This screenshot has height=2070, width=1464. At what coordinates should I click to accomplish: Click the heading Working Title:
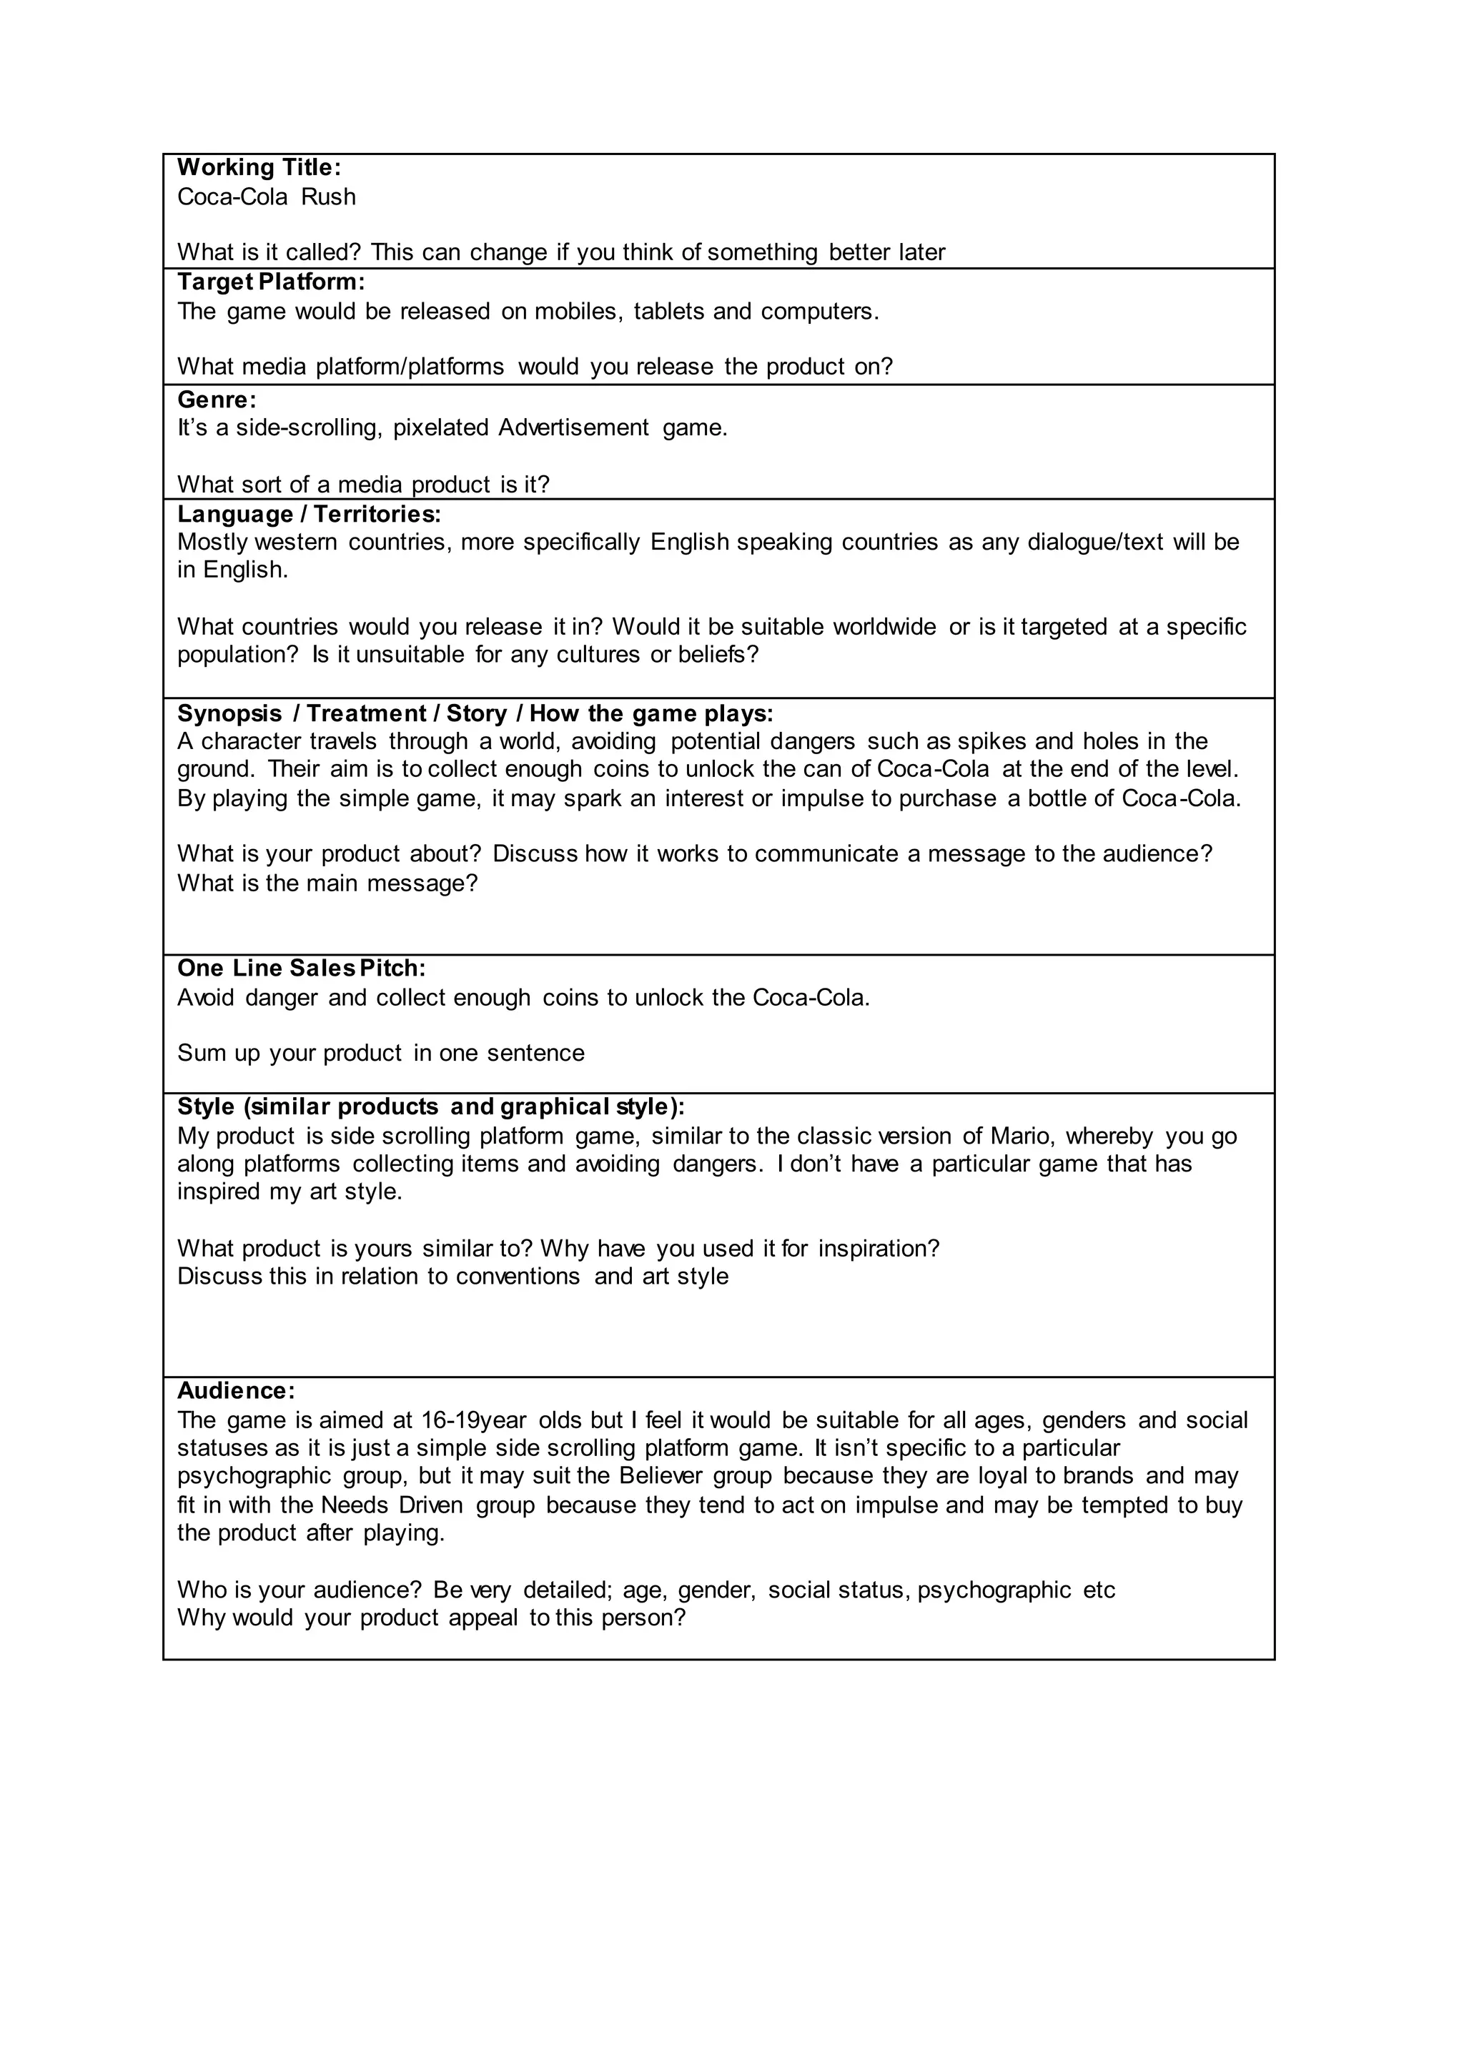click(259, 168)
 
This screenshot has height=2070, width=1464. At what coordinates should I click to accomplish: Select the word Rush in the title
click(328, 197)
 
